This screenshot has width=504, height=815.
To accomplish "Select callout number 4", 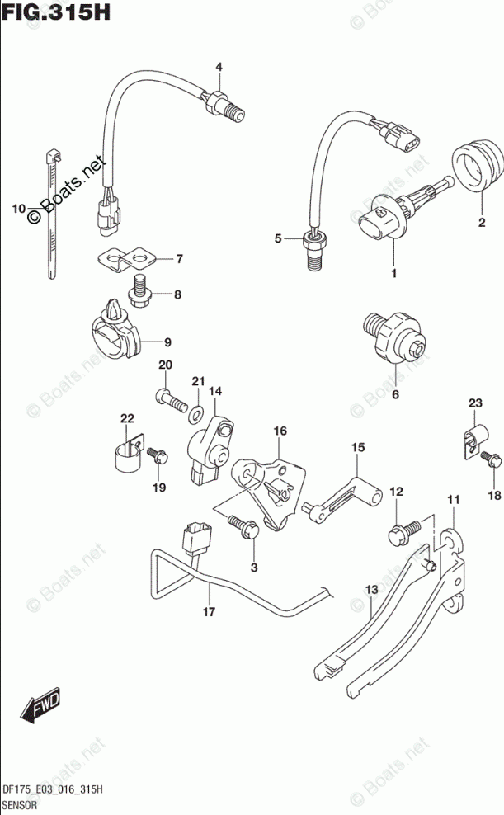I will (219, 67).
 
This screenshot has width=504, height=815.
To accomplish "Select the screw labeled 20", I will (169, 401).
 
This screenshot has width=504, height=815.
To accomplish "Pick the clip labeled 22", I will (125, 455).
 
